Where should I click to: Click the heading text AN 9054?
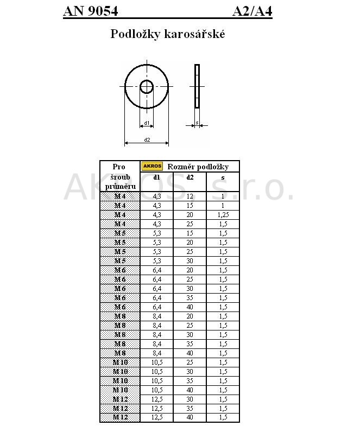click(x=91, y=11)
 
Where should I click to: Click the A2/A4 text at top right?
click(x=252, y=11)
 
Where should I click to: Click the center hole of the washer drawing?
click(x=147, y=87)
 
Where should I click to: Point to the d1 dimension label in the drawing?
click(x=147, y=123)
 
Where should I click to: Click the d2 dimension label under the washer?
click(x=147, y=140)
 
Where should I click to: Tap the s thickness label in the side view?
click(x=197, y=123)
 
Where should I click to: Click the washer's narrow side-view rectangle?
click(x=197, y=86)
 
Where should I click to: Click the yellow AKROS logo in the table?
click(x=152, y=166)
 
